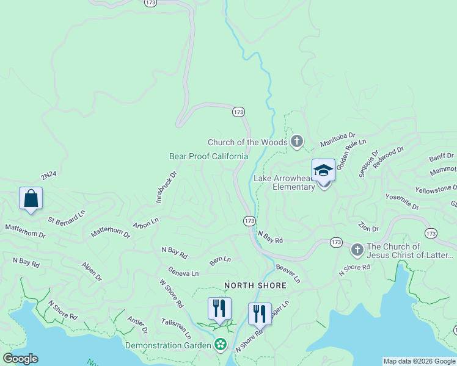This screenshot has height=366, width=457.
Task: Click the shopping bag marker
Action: click(31, 199)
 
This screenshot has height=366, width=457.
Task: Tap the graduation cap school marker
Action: click(323, 171)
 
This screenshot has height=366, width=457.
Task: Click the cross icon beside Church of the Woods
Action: click(297, 142)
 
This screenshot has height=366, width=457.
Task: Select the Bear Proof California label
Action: click(208, 156)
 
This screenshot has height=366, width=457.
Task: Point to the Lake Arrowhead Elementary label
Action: click(284, 182)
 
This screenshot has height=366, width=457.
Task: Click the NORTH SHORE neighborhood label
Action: click(255, 285)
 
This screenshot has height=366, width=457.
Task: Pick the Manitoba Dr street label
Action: click(338, 140)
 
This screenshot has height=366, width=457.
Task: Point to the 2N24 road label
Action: click(49, 175)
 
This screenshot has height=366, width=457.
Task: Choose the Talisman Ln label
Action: click(177, 328)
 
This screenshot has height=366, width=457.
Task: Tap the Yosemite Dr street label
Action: click(402, 203)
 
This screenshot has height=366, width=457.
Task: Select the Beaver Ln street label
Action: click(288, 273)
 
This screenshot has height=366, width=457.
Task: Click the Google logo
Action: click(20, 359)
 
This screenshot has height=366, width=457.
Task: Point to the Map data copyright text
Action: click(419, 361)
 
